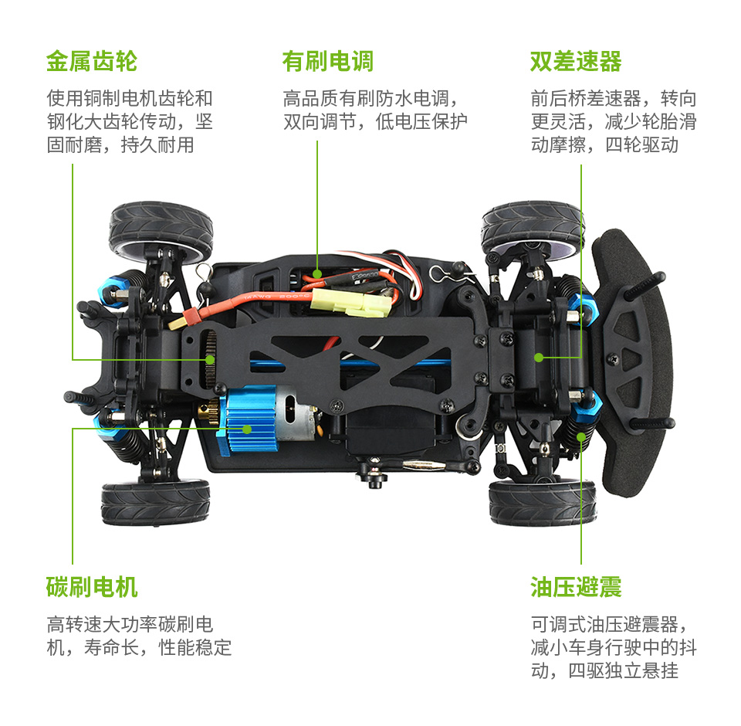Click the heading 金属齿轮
point(91,61)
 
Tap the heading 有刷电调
point(327,61)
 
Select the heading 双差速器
point(575,61)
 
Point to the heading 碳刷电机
point(91,587)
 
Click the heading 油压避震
point(575,587)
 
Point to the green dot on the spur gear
point(209,359)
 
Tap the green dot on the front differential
point(540,357)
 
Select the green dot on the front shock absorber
point(581,436)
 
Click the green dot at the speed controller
point(317,273)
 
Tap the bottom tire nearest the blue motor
point(155,502)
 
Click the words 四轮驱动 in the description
point(641,144)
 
